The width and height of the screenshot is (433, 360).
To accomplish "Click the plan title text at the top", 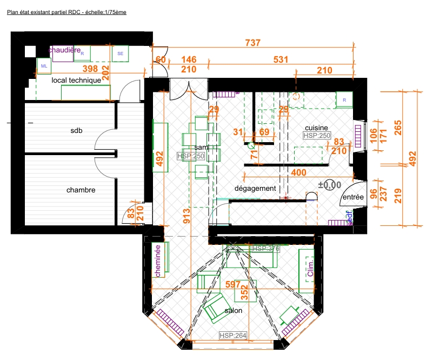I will tap(66, 12).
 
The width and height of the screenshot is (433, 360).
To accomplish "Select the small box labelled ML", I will tap(44, 66).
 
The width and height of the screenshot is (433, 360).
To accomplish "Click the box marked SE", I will tap(120, 54).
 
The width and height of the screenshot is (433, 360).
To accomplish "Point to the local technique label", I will tap(76, 81).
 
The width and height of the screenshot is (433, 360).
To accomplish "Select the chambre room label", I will tap(81, 190).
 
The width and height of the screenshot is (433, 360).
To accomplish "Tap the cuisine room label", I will tap(316, 128).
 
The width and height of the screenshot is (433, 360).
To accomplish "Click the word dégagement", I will tap(255, 189).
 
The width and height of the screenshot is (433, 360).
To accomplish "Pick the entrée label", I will tap(352, 198).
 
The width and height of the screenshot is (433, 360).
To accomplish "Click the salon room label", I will tap(234, 311).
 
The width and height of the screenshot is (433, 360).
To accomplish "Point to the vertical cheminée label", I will tap(158, 261).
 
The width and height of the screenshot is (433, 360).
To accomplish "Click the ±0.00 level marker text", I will tap(330, 185).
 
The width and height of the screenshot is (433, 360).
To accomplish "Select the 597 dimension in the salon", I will tap(232, 284).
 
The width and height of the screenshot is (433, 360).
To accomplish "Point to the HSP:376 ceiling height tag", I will tap(265, 249).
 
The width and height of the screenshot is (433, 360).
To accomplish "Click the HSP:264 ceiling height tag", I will tap(233, 336).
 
